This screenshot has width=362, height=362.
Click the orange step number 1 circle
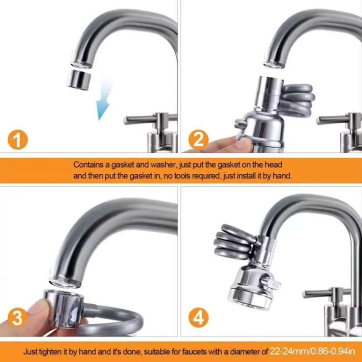(18, 139)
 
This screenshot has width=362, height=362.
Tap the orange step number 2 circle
(198, 139)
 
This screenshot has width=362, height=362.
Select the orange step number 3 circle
(18, 318)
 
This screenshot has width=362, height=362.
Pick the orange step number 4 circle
(198, 318)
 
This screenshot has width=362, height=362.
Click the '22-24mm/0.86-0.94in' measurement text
(312, 351)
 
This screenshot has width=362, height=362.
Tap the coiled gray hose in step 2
(298, 99)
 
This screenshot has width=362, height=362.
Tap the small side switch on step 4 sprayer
(271, 283)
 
